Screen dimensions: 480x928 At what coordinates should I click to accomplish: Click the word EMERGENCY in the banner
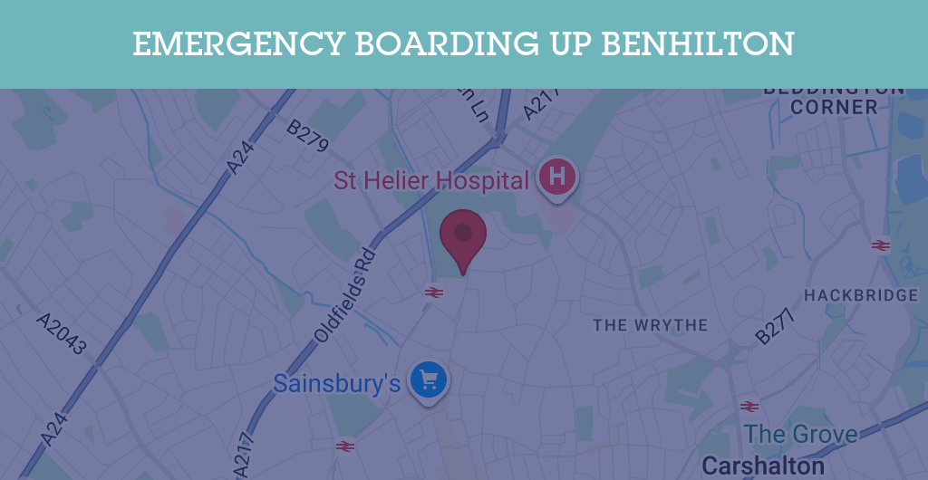click(239, 43)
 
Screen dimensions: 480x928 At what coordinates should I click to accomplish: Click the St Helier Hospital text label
click(431, 180)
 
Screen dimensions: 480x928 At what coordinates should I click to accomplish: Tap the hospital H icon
click(556, 175)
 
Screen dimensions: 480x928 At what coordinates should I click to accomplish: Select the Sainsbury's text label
click(337, 383)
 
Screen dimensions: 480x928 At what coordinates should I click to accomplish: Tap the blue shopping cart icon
click(429, 379)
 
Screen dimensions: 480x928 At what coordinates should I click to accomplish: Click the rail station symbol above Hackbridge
click(880, 245)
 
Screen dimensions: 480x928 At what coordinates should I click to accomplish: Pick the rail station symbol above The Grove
click(749, 406)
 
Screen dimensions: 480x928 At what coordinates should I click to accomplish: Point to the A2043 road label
click(62, 334)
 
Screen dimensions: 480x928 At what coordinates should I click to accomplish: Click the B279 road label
click(307, 135)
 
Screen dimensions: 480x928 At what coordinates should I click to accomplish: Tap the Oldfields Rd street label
click(345, 295)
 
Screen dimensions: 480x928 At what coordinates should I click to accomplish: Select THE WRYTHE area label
click(651, 324)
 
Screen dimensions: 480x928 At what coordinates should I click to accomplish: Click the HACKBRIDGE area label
click(861, 296)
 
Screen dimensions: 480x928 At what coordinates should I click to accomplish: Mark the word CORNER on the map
click(834, 107)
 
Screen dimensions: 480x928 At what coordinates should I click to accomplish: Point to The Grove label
click(801, 434)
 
